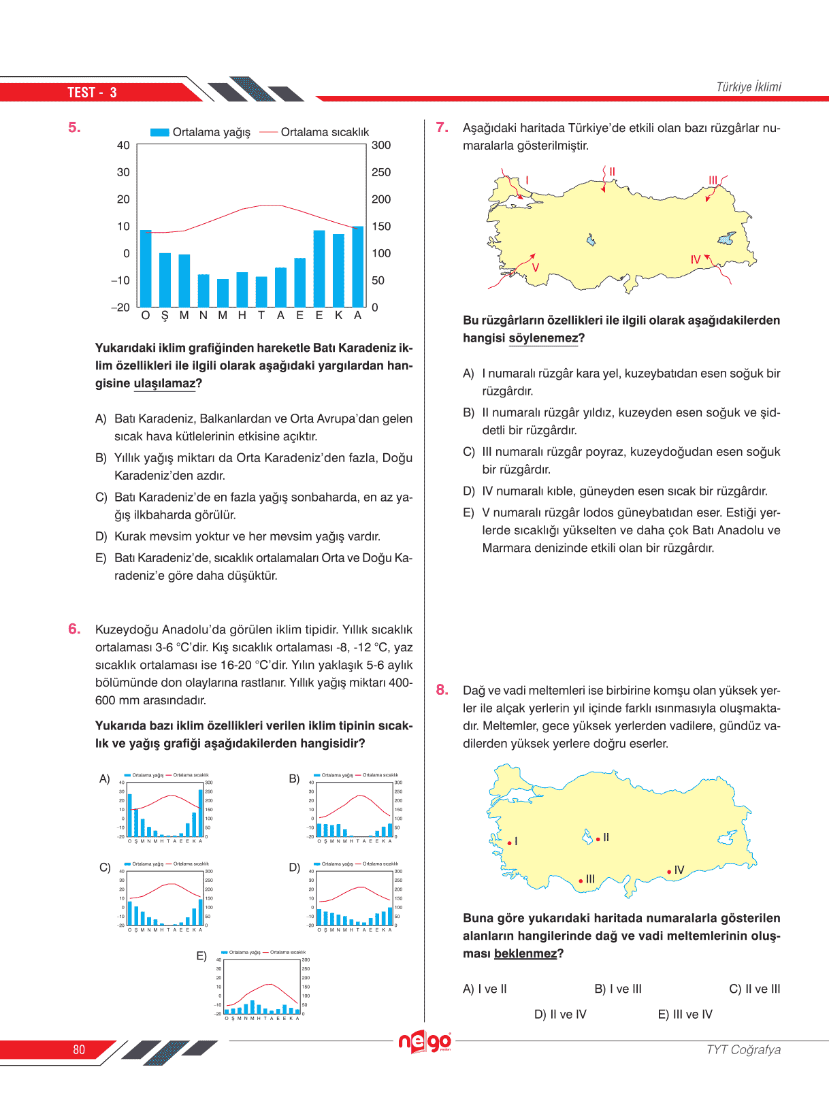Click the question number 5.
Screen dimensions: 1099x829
[x=74, y=127]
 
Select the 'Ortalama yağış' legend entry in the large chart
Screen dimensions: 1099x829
[x=200, y=132]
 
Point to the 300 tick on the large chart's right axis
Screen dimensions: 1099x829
[x=381, y=145]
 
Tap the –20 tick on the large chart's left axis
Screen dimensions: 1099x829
[x=120, y=308]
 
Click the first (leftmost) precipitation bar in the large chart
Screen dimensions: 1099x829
[x=146, y=268]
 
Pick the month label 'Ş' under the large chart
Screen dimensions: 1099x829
[x=165, y=316]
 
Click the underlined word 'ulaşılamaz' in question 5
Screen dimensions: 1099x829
[x=164, y=384]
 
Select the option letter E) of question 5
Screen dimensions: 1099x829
[x=101, y=558]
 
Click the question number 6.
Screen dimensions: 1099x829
[x=74, y=629]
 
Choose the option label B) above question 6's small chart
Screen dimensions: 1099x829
[x=294, y=778]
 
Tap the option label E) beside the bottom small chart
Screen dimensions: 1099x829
[x=201, y=956]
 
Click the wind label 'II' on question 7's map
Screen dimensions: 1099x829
[x=612, y=171]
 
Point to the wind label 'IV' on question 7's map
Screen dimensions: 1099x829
[x=695, y=260]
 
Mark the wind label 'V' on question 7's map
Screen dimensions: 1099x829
[x=536, y=267]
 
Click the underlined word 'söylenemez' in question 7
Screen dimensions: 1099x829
[x=543, y=338]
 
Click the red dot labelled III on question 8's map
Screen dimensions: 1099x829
[x=581, y=881]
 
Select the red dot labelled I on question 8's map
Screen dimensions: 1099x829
[x=509, y=843]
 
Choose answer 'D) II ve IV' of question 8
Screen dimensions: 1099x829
[x=560, y=1015]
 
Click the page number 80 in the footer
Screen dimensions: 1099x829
[x=79, y=1049]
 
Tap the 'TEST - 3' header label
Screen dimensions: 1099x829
[x=92, y=93]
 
